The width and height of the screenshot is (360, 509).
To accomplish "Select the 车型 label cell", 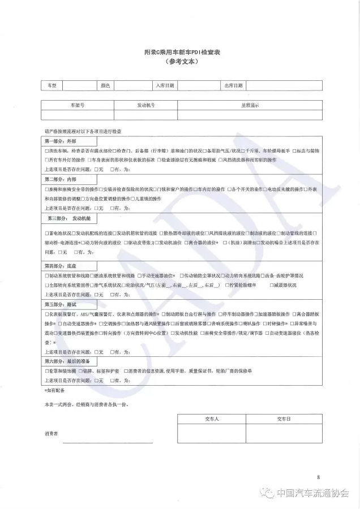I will [x=52, y=85].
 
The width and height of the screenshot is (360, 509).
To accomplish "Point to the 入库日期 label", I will [x=165, y=85].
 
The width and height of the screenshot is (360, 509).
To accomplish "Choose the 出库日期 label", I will [x=233, y=85].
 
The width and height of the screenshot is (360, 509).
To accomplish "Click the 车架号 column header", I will [x=78, y=105].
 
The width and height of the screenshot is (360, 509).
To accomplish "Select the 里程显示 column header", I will [x=250, y=105].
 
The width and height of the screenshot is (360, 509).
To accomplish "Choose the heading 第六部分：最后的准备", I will [x=68, y=360].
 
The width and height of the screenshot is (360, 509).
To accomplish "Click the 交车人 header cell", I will [x=211, y=419].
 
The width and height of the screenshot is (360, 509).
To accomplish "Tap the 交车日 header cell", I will [x=283, y=419].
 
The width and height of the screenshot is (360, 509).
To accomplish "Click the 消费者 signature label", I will [x=52, y=434].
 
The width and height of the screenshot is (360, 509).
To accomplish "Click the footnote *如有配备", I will [x=54, y=390].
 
